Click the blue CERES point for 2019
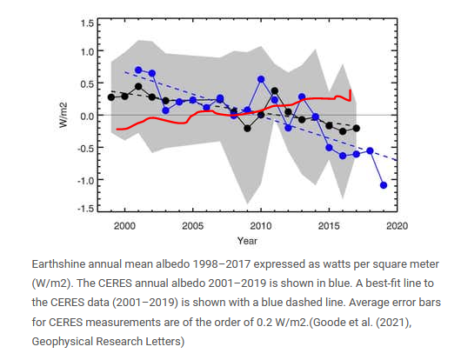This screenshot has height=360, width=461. pyautogui.click(x=384, y=185)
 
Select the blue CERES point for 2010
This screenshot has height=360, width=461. pyautogui.click(x=261, y=79)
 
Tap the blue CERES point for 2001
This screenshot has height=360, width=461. pyautogui.click(x=138, y=70)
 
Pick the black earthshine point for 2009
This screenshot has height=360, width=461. pyautogui.click(x=247, y=128)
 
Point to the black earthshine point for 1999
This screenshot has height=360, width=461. pyautogui.click(x=111, y=97)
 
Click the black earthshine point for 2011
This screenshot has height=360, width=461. pyautogui.click(x=275, y=91)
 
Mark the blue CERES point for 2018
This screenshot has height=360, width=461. pyautogui.click(x=370, y=150)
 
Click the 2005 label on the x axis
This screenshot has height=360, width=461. pyautogui.click(x=192, y=226)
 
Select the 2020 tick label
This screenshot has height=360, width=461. pyautogui.click(x=397, y=226)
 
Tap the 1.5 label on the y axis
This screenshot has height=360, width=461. pyautogui.click(x=87, y=23)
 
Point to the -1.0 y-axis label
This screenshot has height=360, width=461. pyautogui.click(x=85, y=181)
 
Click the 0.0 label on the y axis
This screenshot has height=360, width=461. pyautogui.click(x=87, y=116)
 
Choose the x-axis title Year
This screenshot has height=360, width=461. pyautogui.click(x=247, y=241)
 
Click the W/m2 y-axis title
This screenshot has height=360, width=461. pyautogui.click(x=63, y=115)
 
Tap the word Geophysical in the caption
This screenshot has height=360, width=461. pyautogui.click(x=63, y=342)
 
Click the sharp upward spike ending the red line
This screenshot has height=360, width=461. pyautogui.click(x=351, y=95)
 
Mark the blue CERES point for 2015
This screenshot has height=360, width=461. pyautogui.click(x=329, y=148)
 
